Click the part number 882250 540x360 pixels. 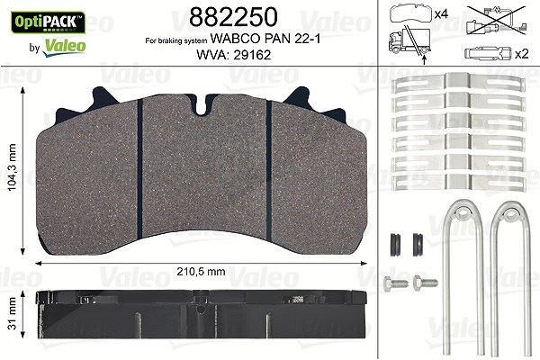coord(233,17)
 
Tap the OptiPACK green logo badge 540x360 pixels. coord(49,22)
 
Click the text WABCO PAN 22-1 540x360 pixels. coord(265,39)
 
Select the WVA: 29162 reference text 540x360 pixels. coord(234,54)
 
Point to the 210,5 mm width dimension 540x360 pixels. coord(201,272)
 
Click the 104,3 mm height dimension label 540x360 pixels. coord(12,167)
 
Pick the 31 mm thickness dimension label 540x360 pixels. coord(12,313)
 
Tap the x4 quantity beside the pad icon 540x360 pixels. coord(441,14)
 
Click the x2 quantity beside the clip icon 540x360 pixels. coord(521,54)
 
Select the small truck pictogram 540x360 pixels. coord(409,41)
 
